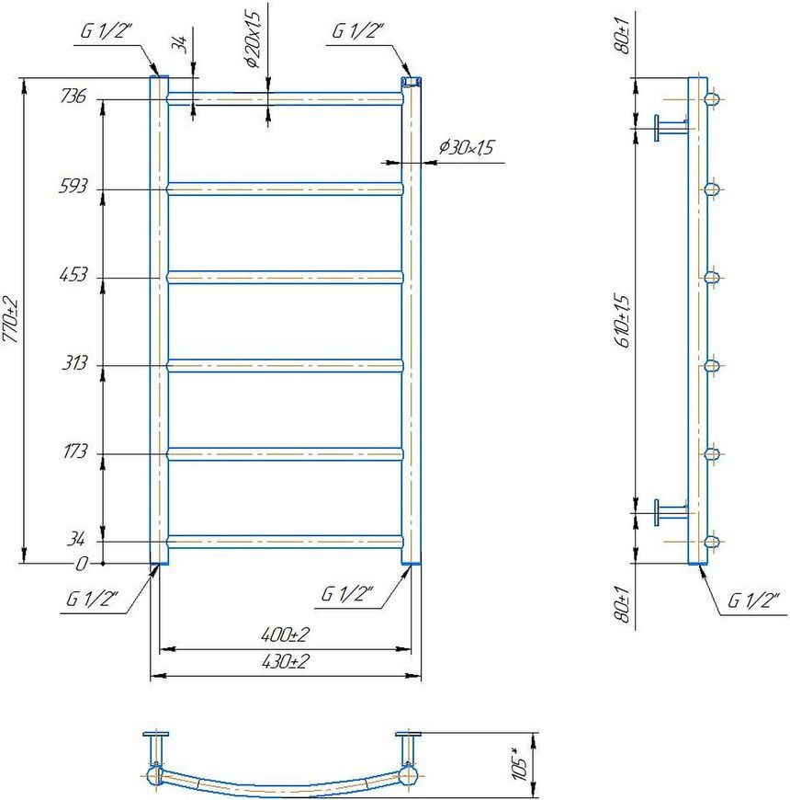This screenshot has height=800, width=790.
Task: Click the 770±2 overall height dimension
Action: point(11,320)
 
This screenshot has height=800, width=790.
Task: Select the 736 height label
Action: point(73,96)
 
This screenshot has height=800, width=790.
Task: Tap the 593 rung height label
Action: point(73,186)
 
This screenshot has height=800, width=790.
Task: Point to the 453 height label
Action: point(73,275)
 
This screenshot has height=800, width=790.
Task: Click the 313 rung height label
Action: point(74,362)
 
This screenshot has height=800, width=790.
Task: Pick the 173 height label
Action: point(75,451)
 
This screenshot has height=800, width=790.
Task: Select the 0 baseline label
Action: point(82,564)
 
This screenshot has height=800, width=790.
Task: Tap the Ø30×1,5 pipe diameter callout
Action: point(467,147)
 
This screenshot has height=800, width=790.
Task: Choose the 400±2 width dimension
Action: point(285,634)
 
